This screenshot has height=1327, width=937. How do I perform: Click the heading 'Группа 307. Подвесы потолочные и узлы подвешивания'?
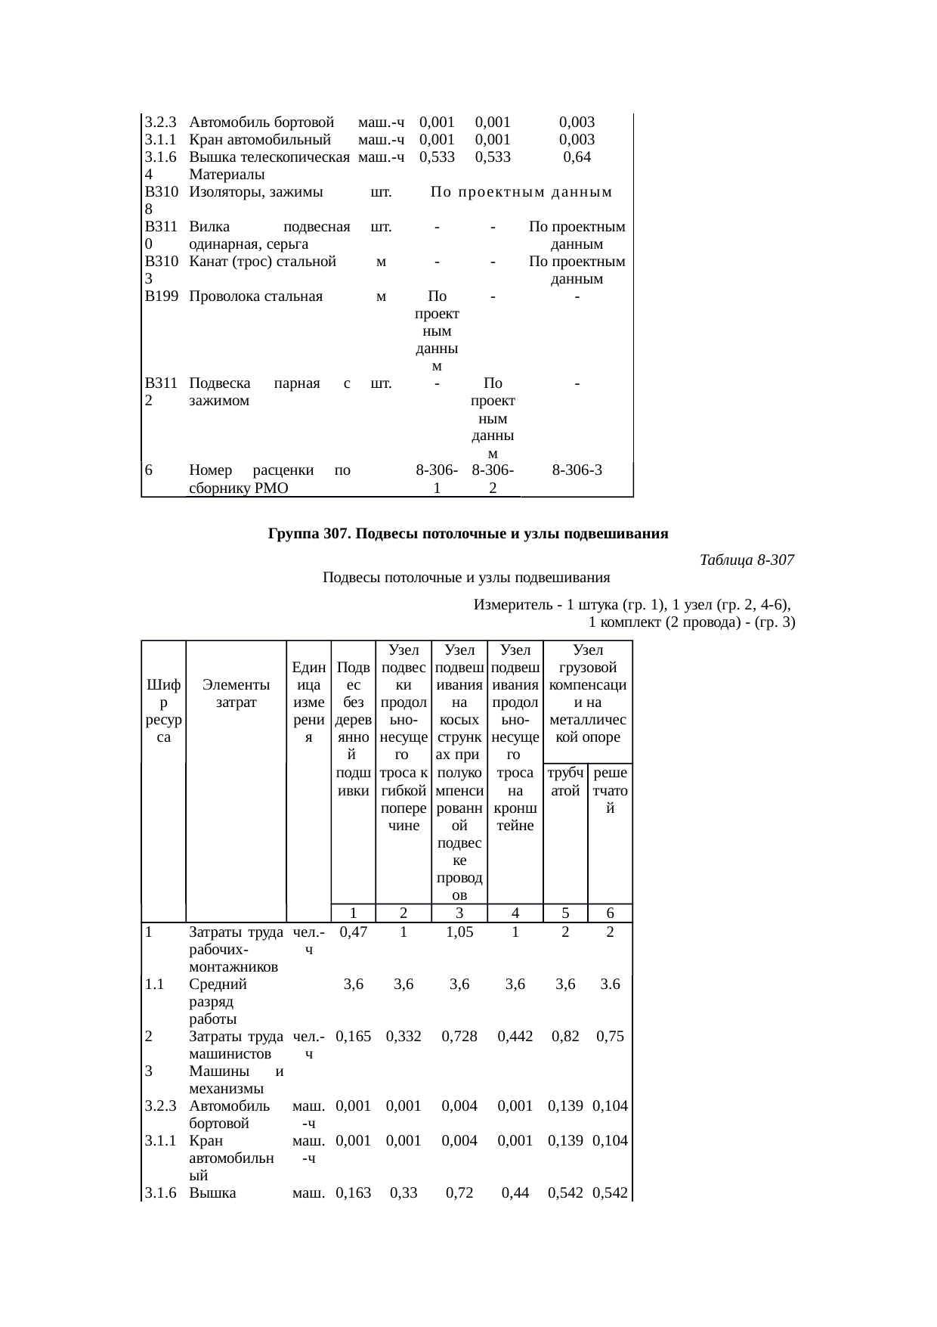[x=468, y=534]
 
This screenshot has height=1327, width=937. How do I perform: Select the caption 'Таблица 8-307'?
[x=747, y=560]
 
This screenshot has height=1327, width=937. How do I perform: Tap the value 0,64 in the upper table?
[x=577, y=157]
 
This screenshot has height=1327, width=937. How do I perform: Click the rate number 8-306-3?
[x=577, y=470]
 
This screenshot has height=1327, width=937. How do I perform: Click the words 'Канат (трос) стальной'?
[x=262, y=262]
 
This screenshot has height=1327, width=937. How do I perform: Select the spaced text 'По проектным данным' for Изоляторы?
[x=521, y=192]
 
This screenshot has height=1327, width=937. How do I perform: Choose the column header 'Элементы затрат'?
[x=237, y=693]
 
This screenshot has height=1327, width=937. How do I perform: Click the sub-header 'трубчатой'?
[x=565, y=781]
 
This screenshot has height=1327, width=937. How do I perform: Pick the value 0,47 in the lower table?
[x=353, y=932]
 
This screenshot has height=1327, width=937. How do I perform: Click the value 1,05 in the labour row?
[x=459, y=932]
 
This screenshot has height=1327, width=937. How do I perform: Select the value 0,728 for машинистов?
[x=459, y=1037]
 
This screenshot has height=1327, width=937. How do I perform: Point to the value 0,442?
[x=515, y=1037]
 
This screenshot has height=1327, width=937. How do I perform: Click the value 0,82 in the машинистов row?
[x=565, y=1037]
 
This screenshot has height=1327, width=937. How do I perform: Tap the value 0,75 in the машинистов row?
[x=610, y=1037]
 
